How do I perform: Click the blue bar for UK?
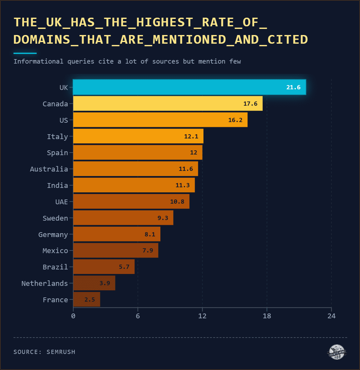tap(189, 87)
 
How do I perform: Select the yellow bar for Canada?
tap(168, 103)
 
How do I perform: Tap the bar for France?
tap(87, 299)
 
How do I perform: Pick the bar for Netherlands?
tap(94, 283)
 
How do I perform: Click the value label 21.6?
tap(293, 87)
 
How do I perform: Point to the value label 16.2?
tap(235, 120)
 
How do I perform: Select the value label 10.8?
tap(177, 202)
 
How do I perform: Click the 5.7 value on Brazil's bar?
tap(124, 267)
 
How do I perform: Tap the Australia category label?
tap(49, 169)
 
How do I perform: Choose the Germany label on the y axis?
tap(53, 234)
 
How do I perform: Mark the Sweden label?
tap(55, 218)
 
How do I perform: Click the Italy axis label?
tap(58, 137)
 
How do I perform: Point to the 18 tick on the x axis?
tap(267, 316)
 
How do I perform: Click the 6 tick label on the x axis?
tap(138, 316)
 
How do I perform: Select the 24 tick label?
tap(331, 316)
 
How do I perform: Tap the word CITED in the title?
tap(288, 40)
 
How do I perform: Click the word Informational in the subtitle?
tap(39, 61)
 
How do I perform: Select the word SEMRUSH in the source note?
tap(61, 352)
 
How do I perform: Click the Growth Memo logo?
tap(337, 352)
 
